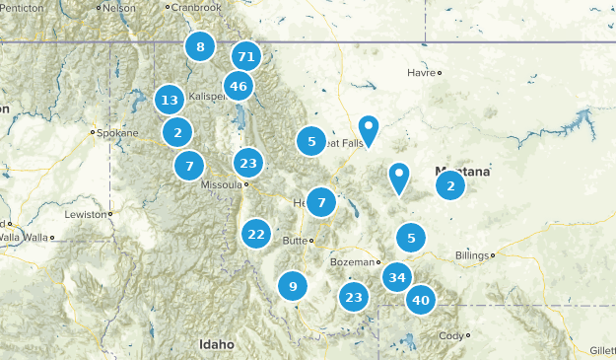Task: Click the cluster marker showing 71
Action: [246, 57]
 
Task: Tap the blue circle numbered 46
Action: [239, 87]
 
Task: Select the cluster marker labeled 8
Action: [200, 46]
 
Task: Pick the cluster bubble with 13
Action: [170, 100]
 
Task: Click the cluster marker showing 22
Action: [256, 234]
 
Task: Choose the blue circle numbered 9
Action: [293, 286]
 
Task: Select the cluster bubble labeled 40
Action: [421, 300]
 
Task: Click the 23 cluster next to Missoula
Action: [248, 164]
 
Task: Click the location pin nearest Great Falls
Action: [369, 128]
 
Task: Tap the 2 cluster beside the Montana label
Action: [450, 185]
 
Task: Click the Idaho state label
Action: [217, 344]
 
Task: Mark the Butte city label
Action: [294, 240]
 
